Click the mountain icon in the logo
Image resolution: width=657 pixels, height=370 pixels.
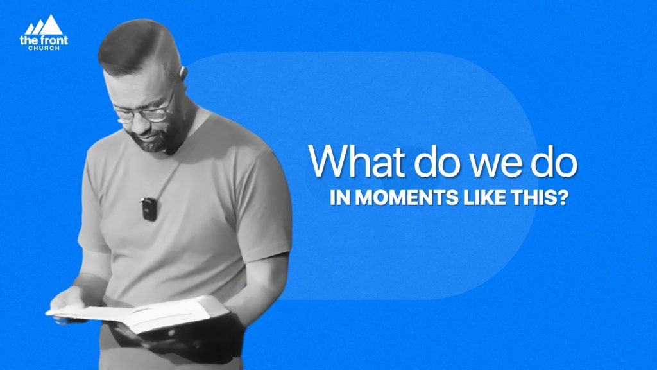[x=44, y=25]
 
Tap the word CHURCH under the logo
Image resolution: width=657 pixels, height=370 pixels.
[x=44, y=48]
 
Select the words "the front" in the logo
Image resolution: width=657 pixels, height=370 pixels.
[x=44, y=40]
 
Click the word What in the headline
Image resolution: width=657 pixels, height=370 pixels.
[x=357, y=161]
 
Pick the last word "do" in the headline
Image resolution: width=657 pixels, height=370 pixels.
[x=554, y=161]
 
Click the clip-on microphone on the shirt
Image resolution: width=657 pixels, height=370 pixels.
[x=149, y=209]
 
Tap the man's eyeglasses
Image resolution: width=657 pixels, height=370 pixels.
[x=144, y=109]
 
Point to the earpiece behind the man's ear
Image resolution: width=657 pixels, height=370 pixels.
[x=183, y=72]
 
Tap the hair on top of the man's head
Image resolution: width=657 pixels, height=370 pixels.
[x=133, y=44]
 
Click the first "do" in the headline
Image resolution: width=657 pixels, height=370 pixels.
[x=438, y=161]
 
